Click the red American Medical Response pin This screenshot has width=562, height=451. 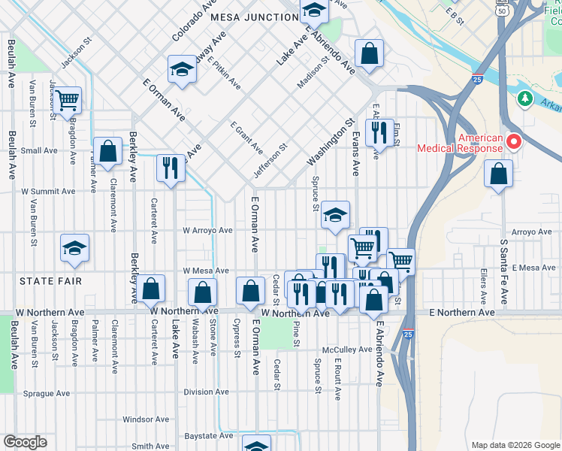515,141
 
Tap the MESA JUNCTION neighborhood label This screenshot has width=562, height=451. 255,17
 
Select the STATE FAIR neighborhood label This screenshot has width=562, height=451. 50,281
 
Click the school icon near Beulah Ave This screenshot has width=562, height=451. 74,247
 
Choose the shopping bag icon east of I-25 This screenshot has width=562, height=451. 499,174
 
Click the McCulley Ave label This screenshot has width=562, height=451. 343,350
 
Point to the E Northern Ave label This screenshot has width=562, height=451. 462,312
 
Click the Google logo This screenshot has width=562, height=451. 26,442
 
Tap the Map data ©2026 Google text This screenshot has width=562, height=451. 515,445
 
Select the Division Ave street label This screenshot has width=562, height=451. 206,392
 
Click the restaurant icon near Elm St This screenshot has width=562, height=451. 379,132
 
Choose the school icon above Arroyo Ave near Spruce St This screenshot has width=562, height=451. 335,214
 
